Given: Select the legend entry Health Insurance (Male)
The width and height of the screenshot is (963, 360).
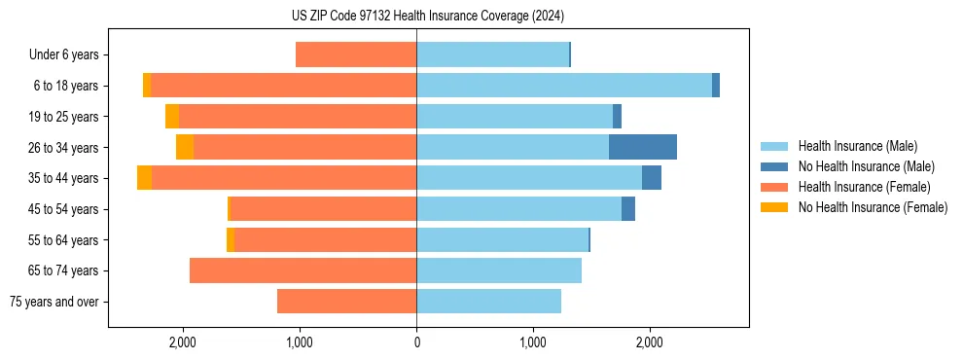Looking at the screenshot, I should tap(857, 146).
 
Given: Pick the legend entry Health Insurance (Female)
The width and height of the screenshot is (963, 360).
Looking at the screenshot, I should tap(864, 187).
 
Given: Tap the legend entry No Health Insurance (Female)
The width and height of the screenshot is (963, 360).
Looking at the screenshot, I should tap(873, 207).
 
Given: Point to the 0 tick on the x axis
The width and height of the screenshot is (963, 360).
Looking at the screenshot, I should tap(416, 342).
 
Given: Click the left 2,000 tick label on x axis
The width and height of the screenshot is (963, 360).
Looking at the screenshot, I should tap(183, 342).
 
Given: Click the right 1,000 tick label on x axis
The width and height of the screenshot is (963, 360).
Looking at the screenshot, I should tap(533, 342).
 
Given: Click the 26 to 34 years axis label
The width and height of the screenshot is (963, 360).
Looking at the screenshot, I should tap(65, 148).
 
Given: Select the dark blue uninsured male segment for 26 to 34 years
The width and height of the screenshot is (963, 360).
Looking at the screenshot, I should tap(642, 147).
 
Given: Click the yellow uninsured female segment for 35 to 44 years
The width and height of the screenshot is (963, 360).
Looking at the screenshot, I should tap(144, 178).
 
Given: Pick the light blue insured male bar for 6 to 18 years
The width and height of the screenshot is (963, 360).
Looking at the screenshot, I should tap(564, 86).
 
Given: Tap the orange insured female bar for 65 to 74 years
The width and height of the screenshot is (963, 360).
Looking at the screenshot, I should tap(303, 270).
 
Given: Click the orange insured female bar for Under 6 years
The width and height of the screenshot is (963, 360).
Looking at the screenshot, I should tap(356, 54).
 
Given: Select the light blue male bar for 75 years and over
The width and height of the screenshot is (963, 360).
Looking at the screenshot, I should tap(488, 302).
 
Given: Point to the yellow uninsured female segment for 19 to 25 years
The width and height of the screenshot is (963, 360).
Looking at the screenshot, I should tap(172, 117).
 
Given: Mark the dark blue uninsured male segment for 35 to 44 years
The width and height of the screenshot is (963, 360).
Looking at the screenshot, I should tap(652, 178).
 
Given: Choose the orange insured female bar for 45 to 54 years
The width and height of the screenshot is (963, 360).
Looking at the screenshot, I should tap(323, 209).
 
